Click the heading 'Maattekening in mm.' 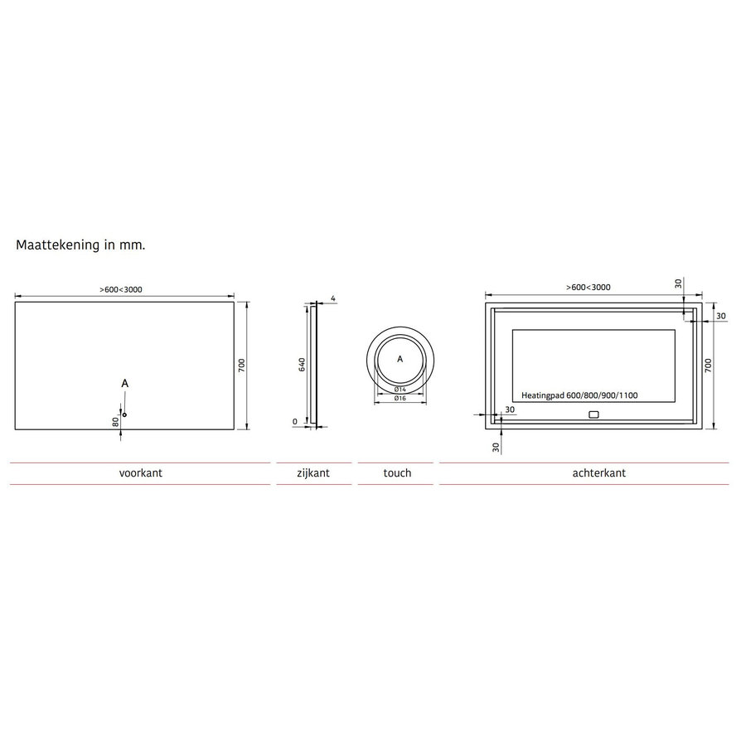point(80,246)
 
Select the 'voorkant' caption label point(140,473)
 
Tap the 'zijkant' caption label point(313,473)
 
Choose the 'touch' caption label point(397,473)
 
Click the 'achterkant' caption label point(598,473)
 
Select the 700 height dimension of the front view point(241,365)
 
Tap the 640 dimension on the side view point(303,364)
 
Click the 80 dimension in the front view point(117,420)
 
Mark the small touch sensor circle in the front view point(124,414)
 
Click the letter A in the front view point(124,383)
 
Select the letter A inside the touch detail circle point(400,359)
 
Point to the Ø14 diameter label point(399,389)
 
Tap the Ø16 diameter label point(399,399)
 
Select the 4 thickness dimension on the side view point(332,298)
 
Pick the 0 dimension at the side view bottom point(295,422)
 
